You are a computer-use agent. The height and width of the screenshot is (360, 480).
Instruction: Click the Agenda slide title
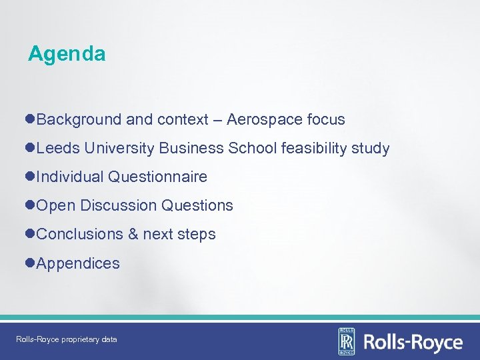(x=67, y=54)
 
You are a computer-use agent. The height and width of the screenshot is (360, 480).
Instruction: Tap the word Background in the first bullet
(x=79, y=120)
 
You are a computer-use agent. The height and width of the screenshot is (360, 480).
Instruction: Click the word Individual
(x=70, y=177)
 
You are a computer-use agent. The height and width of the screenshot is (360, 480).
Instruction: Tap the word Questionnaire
(x=157, y=177)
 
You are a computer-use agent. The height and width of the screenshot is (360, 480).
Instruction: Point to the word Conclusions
(x=80, y=235)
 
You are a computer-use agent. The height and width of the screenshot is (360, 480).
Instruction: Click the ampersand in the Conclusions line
(x=133, y=235)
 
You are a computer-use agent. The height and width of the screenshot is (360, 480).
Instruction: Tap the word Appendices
(x=78, y=263)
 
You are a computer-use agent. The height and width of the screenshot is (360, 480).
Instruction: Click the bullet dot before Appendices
(x=31, y=263)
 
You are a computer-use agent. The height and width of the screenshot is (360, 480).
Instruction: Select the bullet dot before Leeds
(x=31, y=149)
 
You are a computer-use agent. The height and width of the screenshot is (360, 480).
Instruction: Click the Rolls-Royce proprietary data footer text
(x=67, y=339)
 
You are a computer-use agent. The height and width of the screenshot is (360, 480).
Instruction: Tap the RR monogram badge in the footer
(x=347, y=341)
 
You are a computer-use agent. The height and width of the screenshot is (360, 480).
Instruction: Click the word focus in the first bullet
(x=326, y=120)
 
